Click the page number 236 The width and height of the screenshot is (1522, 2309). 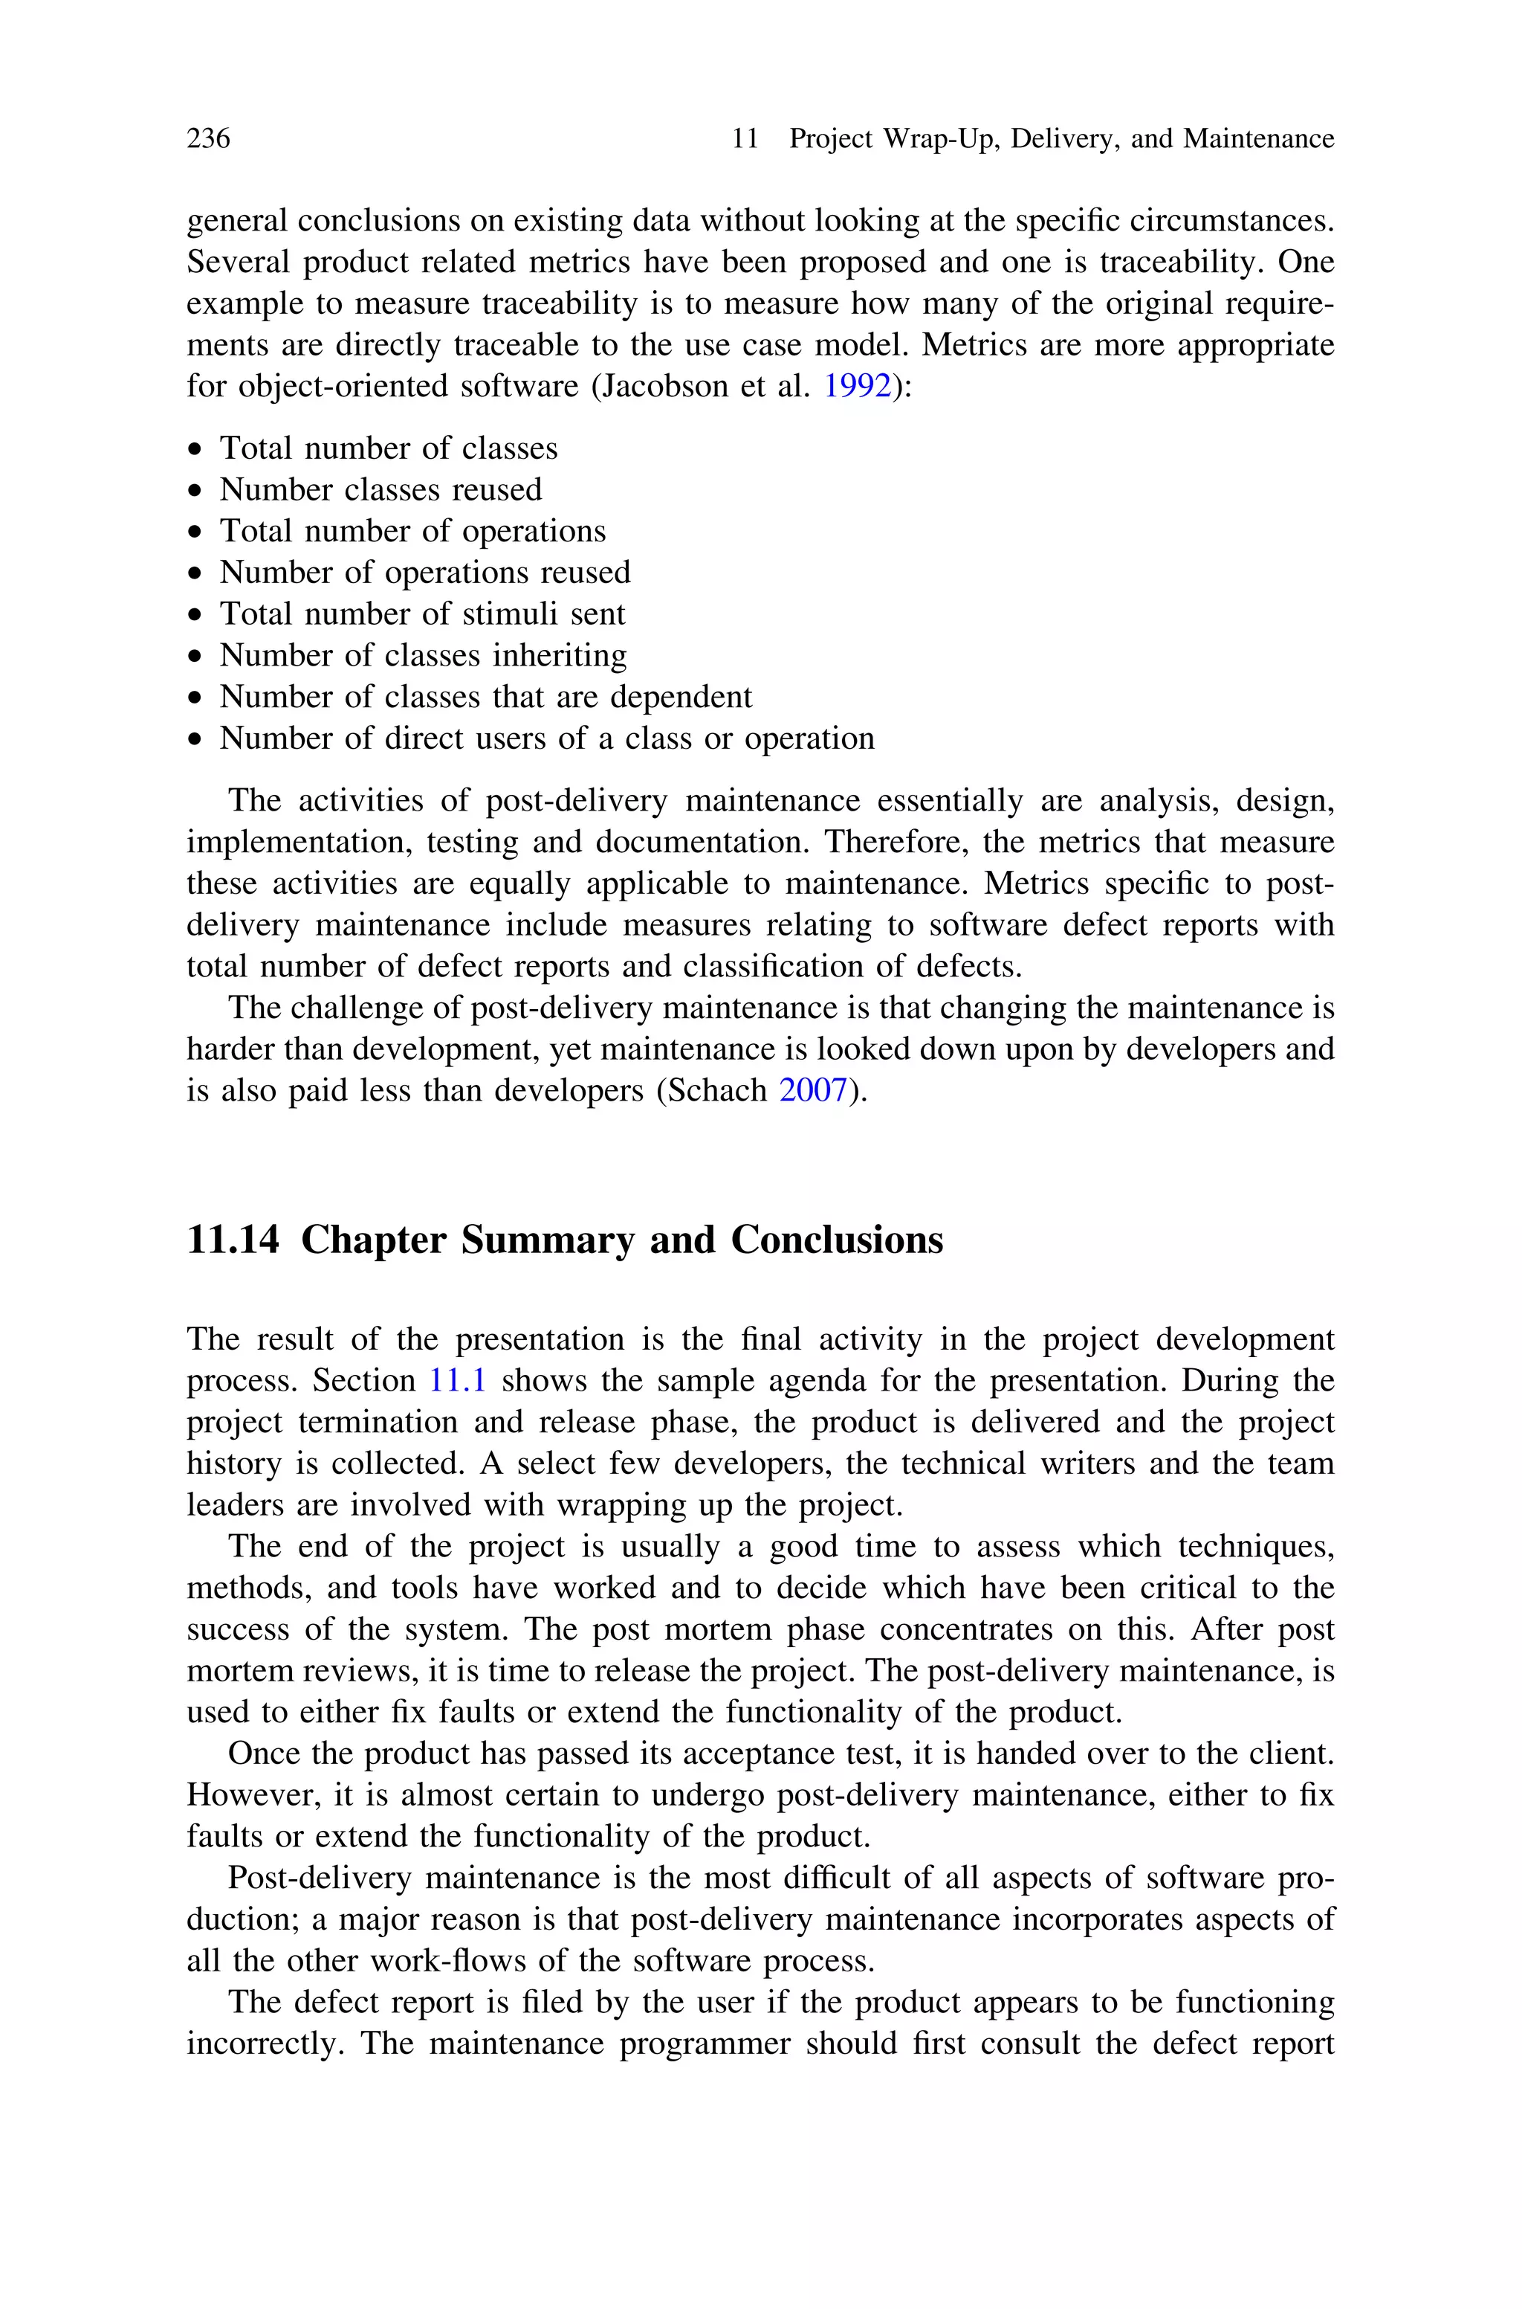click(x=208, y=139)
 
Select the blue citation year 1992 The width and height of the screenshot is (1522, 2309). click(x=857, y=387)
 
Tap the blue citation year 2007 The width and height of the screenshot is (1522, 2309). click(x=814, y=1090)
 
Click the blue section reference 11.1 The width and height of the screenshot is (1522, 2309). click(x=457, y=1379)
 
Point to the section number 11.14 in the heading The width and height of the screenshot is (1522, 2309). click(x=233, y=1240)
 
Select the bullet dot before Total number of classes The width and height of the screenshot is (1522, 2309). click(x=197, y=451)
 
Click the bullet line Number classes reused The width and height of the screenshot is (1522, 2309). click(x=380, y=489)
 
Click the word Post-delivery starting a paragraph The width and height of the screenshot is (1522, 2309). click(x=320, y=1878)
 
